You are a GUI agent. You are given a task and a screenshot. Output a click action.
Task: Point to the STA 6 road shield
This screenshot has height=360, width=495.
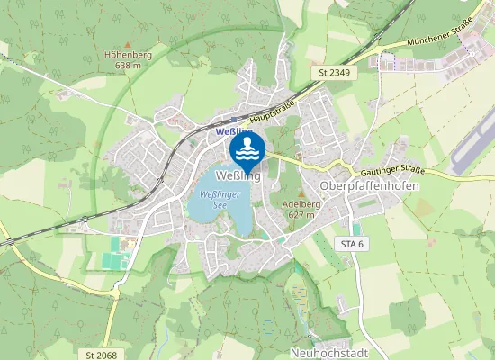pos(350,245)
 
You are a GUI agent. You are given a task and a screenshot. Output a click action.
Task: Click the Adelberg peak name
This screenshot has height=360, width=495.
pos(301,204)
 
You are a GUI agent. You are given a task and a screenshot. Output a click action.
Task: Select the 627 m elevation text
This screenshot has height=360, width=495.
pos(301,215)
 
